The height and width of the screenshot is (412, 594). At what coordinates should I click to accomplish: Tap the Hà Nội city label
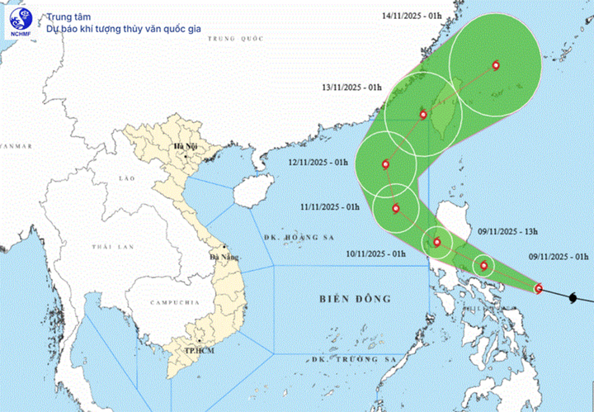click(181, 148)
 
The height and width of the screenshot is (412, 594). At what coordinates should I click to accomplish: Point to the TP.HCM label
click(195, 351)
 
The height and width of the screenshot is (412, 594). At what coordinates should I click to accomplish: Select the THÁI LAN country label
click(113, 247)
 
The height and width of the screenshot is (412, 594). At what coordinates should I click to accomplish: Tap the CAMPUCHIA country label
click(167, 304)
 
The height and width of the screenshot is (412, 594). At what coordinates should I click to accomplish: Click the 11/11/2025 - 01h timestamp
click(329, 206)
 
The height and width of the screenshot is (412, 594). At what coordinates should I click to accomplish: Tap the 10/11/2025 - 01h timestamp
click(377, 253)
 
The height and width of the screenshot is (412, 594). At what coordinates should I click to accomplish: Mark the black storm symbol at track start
click(576, 293)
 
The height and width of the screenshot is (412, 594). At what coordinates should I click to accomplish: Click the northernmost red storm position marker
click(496, 65)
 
